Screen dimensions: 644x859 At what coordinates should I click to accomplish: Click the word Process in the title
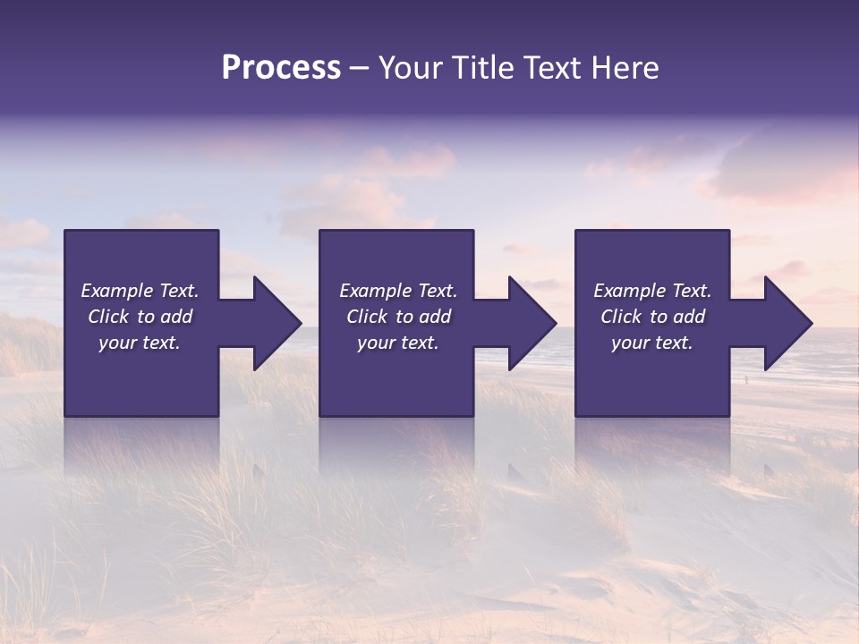281,68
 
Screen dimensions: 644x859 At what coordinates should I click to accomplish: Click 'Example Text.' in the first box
140,291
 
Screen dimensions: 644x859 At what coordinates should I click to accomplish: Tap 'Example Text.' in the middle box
397,291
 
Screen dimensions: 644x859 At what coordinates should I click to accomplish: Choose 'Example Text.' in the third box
652,291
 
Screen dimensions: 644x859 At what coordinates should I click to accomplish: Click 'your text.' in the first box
140,343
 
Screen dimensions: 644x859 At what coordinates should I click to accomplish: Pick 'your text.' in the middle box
397,343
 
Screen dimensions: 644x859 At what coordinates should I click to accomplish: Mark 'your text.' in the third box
652,343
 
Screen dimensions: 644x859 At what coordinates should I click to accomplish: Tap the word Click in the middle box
367,317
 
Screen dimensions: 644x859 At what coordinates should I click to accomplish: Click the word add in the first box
176,317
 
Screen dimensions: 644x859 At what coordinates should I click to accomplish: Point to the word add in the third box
689,317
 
